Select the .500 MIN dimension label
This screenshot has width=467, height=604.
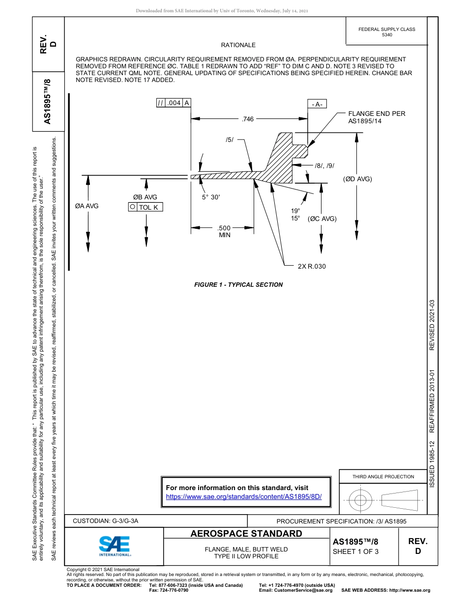click(x=224, y=231)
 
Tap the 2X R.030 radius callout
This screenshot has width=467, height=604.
click(x=312, y=266)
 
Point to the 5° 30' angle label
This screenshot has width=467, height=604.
click(x=211, y=197)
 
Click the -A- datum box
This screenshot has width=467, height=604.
click(x=317, y=104)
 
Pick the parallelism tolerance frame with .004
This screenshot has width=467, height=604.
click(x=174, y=103)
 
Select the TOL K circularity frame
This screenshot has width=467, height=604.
click(x=145, y=207)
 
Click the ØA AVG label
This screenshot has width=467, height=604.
click(x=87, y=206)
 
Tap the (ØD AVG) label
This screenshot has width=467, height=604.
click(x=357, y=179)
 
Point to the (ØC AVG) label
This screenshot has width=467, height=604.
click(x=322, y=219)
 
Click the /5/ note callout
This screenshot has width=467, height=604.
click(x=230, y=140)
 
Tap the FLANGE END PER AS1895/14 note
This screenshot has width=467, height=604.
click(x=377, y=117)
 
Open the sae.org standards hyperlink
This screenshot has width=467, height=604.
click(x=244, y=496)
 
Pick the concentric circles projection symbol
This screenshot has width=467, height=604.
click(x=361, y=501)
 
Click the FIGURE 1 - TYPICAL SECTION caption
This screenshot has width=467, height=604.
click(x=238, y=284)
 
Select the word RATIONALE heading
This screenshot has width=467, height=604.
click(x=238, y=45)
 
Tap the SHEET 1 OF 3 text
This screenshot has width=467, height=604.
click(x=355, y=551)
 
